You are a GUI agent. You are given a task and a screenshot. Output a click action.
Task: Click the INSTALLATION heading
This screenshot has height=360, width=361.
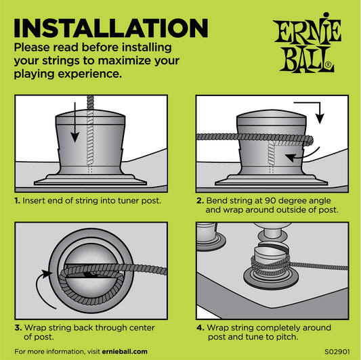111,28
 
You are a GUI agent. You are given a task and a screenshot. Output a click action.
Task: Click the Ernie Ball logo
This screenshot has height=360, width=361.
307,43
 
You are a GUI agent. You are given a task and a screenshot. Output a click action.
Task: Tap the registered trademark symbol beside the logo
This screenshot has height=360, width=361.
329,65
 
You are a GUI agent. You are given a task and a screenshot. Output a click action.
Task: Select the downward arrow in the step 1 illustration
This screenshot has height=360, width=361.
75,122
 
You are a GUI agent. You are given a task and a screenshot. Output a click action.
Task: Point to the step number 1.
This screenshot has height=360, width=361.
17,200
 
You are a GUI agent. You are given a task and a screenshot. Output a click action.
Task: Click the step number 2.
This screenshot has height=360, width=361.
200,200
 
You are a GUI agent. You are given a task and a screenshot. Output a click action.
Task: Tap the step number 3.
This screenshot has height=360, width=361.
18,328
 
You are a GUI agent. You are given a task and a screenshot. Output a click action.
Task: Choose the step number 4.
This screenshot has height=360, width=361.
200,328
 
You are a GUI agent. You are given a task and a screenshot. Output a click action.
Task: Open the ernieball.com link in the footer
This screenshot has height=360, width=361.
125,352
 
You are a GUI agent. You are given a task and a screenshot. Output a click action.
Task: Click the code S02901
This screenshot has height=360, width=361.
337,352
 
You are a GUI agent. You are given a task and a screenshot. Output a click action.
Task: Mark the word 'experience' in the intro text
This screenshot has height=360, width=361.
89,74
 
